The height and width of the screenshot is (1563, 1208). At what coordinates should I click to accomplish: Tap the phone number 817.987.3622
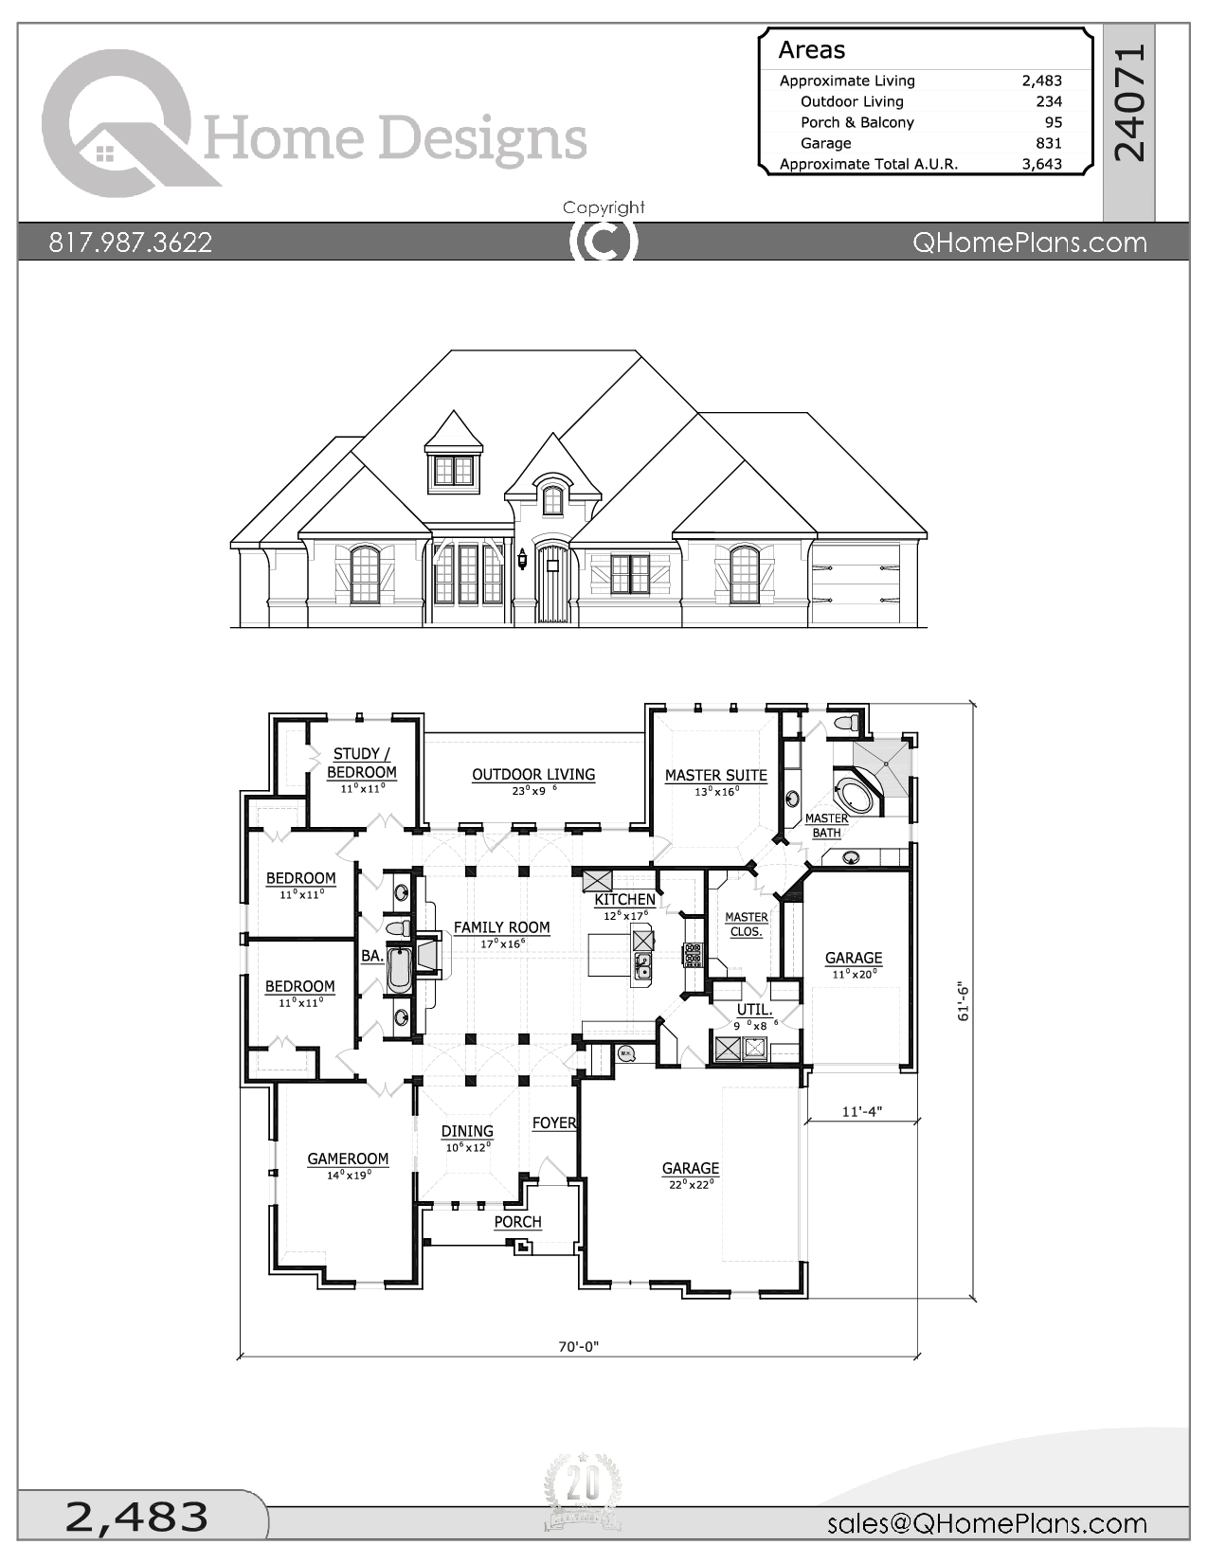click(x=130, y=243)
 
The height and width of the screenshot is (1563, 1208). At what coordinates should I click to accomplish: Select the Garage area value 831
click(x=1049, y=143)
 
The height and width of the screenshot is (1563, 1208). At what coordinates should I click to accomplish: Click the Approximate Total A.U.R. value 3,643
click(x=1042, y=164)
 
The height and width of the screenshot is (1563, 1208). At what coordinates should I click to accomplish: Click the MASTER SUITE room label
click(x=716, y=776)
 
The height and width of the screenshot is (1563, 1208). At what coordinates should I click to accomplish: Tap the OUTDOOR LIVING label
click(x=533, y=775)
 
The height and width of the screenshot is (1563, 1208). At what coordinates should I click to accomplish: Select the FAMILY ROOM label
click(x=501, y=928)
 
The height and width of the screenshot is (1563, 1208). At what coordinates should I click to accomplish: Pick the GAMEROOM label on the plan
click(x=348, y=1159)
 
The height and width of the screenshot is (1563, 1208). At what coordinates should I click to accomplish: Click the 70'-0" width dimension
click(x=579, y=1346)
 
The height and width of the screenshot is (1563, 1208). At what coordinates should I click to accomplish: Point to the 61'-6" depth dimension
click(x=964, y=1002)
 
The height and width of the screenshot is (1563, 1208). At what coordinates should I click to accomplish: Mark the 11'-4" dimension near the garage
click(x=862, y=1111)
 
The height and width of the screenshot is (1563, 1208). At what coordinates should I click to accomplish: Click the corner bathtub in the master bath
click(x=856, y=796)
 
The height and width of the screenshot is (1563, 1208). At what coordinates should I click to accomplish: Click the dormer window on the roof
click(x=454, y=471)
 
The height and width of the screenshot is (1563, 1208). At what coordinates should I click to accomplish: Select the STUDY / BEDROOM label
click(x=361, y=764)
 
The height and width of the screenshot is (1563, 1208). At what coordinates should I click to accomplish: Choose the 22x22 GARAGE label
click(x=691, y=1168)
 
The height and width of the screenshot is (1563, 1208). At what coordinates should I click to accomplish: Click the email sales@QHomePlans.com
click(x=987, y=1523)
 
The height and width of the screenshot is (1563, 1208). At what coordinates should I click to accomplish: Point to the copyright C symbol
click(x=604, y=242)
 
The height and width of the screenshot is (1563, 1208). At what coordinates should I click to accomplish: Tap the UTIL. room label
click(x=754, y=1010)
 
